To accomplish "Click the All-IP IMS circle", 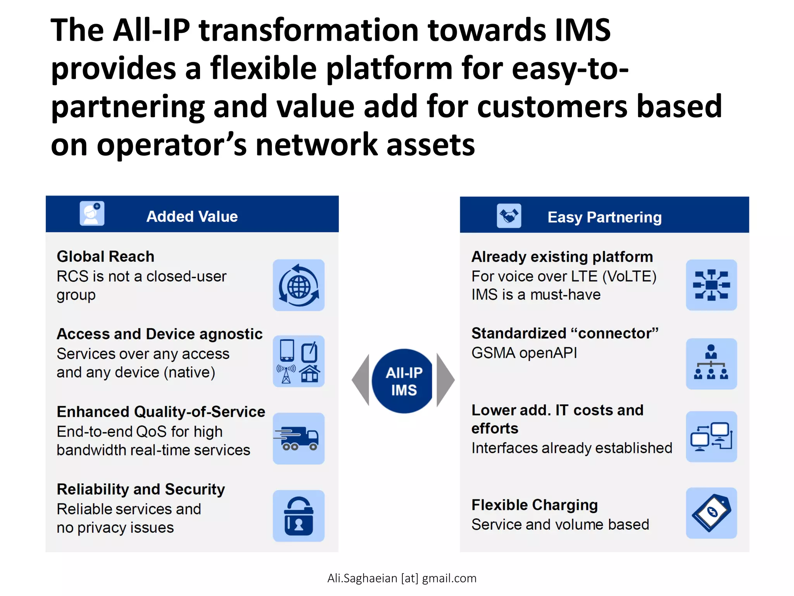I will pyautogui.click(x=403, y=381).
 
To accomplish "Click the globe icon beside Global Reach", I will pyautogui.click(x=299, y=285).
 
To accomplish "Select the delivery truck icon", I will pyautogui.click(x=299, y=438).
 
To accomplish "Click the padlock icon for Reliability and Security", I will pyautogui.click(x=299, y=516).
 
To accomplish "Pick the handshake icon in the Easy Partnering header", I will pyautogui.click(x=509, y=216).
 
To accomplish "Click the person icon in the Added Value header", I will pyautogui.click(x=92, y=213).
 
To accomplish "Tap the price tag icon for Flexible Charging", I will pyautogui.click(x=711, y=513).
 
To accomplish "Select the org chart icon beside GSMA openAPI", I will pyautogui.click(x=711, y=364).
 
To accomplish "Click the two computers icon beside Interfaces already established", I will pyautogui.click(x=711, y=437).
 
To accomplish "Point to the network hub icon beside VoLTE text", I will pyautogui.click(x=711, y=285).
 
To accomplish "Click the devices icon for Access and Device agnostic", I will pyautogui.click(x=299, y=361).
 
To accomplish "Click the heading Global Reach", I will pyautogui.click(x=105, y=256).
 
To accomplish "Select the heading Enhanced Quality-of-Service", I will pyautogui.click(x=161, y=412).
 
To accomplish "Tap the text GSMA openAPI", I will pyautogui.click(x=524, y=353).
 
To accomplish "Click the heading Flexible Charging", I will pyautogui.click(x=534, y=505).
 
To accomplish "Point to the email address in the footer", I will pyautogui.click(x=402, y=578).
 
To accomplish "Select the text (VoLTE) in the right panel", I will pyautogui.click(x=629, y=276).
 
